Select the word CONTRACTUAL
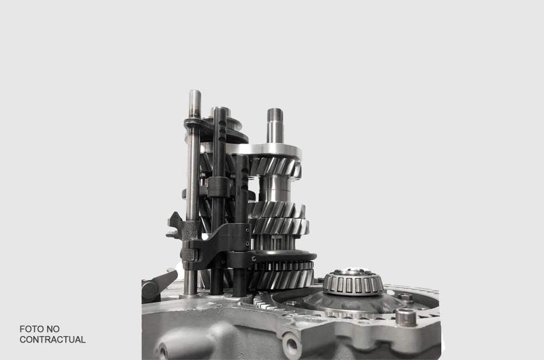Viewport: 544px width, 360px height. [52, 340]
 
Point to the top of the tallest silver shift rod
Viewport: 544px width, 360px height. [195, 93]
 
